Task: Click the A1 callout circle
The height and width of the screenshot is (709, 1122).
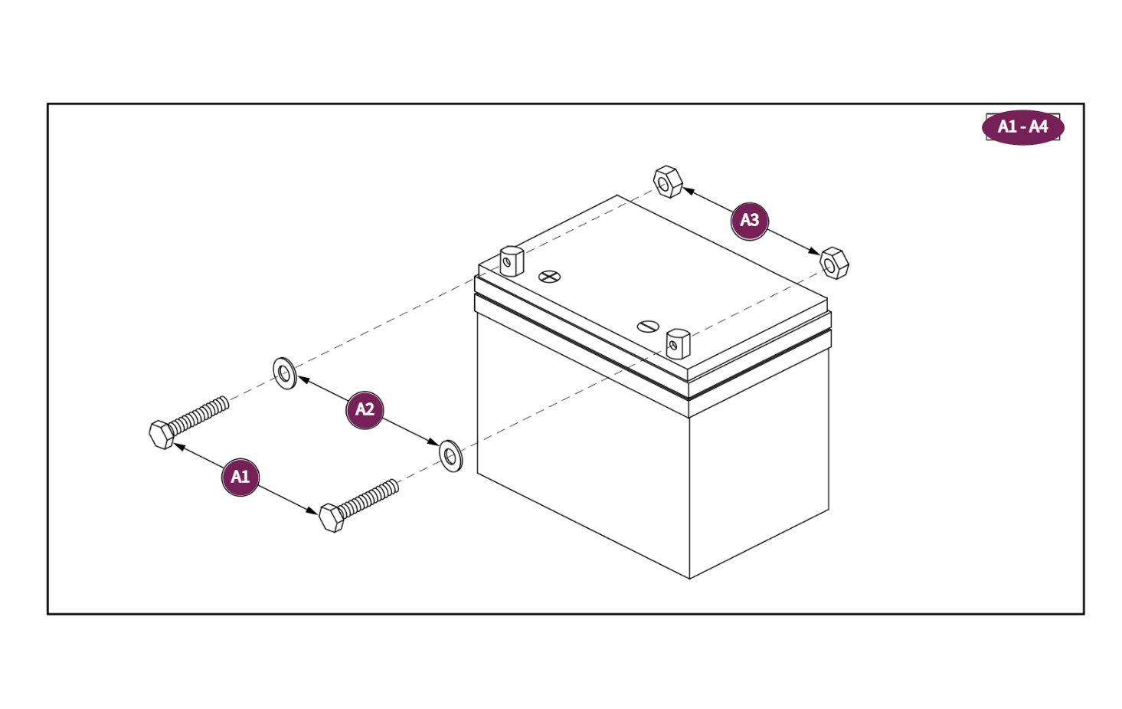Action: coord(240,477)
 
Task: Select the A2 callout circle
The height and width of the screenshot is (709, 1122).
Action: coord(365,409)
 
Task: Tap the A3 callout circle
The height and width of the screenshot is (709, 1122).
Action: coord(749,221)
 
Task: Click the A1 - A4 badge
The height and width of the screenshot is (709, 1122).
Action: coord(1022,126)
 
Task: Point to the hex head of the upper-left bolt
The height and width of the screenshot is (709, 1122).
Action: coord(161,434)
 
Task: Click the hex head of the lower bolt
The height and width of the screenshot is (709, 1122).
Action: coord(331,517)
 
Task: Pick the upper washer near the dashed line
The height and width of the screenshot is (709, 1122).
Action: coord(285,373)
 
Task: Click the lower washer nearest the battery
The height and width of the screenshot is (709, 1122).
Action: coord(451,456)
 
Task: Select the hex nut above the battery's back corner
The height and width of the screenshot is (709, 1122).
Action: coord(667,182)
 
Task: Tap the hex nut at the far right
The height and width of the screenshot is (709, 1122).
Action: coord(834,263)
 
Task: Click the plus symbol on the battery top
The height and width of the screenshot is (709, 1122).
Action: coord(549,276)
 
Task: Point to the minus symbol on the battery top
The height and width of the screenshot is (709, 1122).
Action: coord(648,327)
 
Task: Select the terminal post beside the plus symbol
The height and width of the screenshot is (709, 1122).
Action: coord(512,261)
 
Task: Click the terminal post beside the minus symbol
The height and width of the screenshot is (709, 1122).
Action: coord(678,343)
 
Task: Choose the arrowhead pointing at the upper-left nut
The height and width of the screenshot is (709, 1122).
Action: coord(688,190)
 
